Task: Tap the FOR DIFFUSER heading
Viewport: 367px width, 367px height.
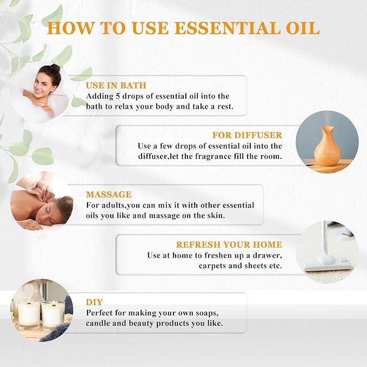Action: [248, 135]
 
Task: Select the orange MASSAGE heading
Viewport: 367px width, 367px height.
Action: [109, 194]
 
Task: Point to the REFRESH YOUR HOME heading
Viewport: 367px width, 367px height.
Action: [229, 244]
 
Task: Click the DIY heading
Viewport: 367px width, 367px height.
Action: [94, 302]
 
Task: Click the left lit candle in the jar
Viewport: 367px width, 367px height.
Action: [28, 312]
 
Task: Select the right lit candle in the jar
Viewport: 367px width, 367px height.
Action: [54, 313]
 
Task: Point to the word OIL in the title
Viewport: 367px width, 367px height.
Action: [301, 28]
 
